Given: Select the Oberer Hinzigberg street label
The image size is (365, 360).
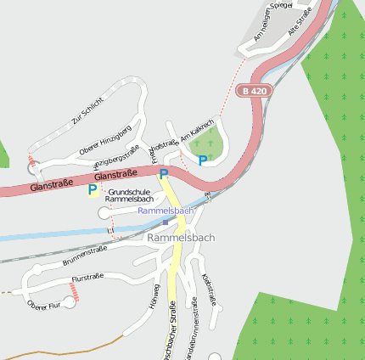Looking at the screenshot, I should pyautogui.click(x=104, y=141).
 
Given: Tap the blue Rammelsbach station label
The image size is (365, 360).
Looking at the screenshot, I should pyautogui.click(x=166, y=210).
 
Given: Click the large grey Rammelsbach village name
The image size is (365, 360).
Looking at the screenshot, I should pyautogui.click(x=181, y=238).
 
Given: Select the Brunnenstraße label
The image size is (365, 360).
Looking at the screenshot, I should pyautogui.click(x=85, y=256).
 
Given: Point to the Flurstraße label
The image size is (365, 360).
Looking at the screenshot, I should pyautogui.click(x=87, y=278).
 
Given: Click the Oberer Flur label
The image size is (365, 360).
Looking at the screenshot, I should pyautogui.click(x=44, y=304).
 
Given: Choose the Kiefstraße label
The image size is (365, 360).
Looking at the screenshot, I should pyautogui.click(x=210, y=289).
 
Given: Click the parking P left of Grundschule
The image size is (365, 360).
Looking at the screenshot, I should pyautogui.click(x=92, y=190).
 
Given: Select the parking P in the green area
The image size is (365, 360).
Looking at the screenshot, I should pyautogui.click(x=202, y=160).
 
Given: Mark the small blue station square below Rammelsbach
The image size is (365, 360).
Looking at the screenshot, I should pyautogui.click(x=166, y=222).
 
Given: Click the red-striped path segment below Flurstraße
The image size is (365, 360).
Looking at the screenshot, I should pyautogui.click(x=74, y=291).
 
